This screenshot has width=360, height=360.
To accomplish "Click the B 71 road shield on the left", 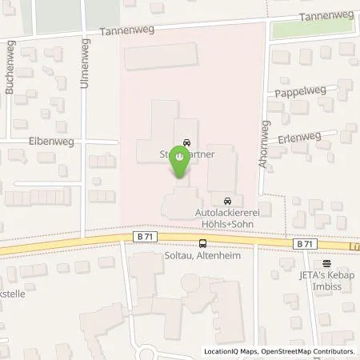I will [142, 236].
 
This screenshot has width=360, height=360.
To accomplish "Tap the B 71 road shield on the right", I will [303, 243].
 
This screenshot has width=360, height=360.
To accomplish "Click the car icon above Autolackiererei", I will [227, 200].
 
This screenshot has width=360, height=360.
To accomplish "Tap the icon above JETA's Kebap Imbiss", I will [326, 262].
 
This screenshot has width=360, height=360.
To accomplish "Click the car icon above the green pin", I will [186, 143].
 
